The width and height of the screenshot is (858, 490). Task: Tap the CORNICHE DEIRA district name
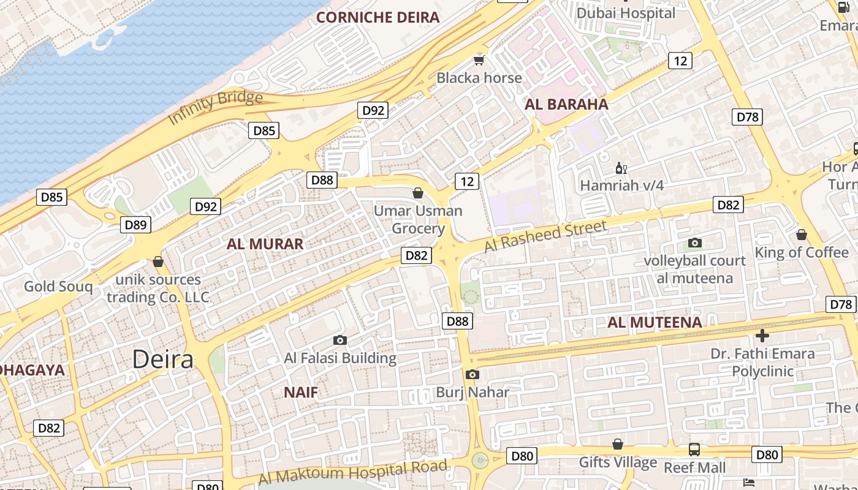click(x=378, y=17)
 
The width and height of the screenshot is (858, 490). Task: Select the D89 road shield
click(x=135, y=225)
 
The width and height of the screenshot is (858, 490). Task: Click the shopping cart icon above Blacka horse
click(x=479, y=60)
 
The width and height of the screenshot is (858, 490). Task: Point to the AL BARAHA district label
click(x=566, y=104)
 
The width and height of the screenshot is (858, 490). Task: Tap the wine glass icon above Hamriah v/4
click(x=621, y=168)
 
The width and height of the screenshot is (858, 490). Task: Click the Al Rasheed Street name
click(x=545, y=236)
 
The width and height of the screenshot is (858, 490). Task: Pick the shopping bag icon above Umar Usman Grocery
click(x=418, y=194)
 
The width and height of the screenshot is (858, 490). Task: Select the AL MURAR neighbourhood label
click(x=265, y=244)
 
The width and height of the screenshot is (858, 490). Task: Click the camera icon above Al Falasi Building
click(x=340, y=341)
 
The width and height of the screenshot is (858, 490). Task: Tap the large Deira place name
click(x=163, y=360)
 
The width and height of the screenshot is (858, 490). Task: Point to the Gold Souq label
click(x=58, y=286)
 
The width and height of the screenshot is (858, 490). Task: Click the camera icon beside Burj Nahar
click(x=472, y=375)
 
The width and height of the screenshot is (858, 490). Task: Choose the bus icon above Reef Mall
click(x=694, y=450)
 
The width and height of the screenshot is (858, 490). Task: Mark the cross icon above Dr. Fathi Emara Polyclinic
click(x=762, y=336)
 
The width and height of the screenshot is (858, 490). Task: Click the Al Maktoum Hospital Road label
click(x=352, y=472)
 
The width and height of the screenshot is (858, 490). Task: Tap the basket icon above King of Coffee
click(x=801, y=235)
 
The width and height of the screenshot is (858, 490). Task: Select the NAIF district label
click(x=301, y=393)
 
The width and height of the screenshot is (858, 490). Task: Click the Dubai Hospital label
click(x=626, y=13)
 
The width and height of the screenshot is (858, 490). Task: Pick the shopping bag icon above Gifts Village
click(x=618, y=444)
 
